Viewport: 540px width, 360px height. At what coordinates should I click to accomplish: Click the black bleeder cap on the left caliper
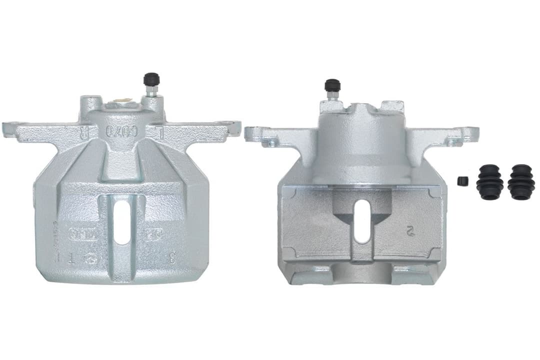[x=151, y=79]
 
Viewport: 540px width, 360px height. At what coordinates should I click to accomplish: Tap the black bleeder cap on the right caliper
[x=332, y=84]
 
